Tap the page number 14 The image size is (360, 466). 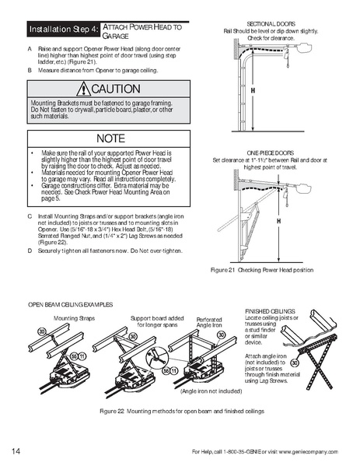click(16, 451)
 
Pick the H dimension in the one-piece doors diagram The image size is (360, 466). click(256, 221)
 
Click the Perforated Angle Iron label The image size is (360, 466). click(209, 321)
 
